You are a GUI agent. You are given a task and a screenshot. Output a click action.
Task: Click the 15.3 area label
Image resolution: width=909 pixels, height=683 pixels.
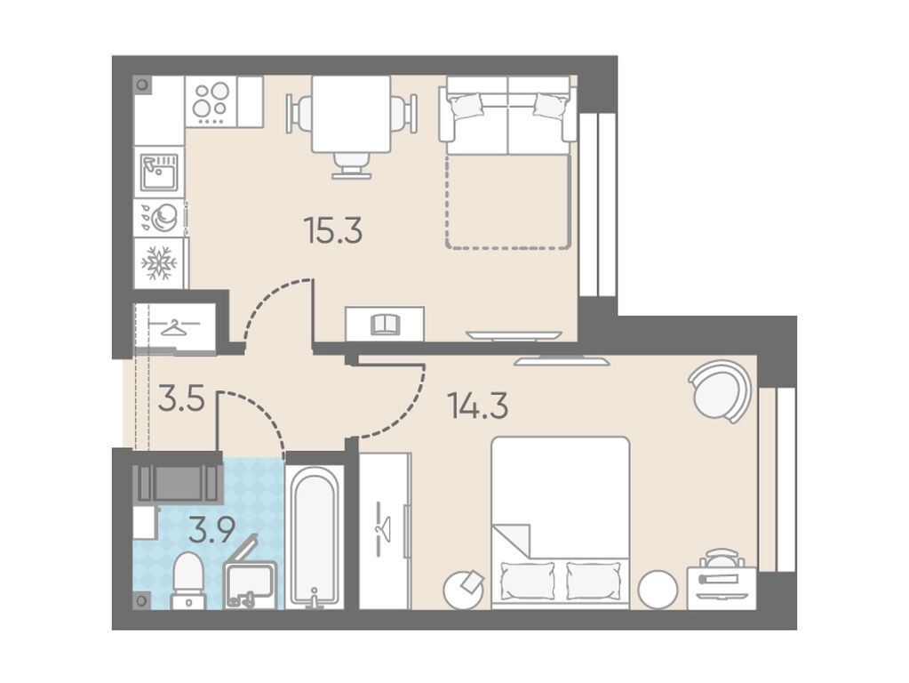(x=332, y=230)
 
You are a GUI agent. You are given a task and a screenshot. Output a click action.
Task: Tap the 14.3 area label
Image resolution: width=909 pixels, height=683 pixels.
(x=478, y=406)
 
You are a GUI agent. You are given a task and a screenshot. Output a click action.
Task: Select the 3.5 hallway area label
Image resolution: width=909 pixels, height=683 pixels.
(x=181, y=400)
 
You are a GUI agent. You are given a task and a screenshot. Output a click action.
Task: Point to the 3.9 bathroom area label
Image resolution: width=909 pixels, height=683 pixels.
(x=211, y=530)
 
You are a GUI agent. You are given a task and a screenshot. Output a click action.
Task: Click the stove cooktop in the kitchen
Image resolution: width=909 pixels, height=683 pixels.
(x=211, y=101)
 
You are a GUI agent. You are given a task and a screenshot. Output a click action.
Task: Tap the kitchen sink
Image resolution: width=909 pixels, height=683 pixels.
(x=159, y=172)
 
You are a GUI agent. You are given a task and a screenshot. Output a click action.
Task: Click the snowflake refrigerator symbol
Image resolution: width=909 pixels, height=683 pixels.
(x=159, y=263)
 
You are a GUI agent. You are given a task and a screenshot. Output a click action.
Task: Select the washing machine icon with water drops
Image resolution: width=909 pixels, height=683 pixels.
(x=159, y=217)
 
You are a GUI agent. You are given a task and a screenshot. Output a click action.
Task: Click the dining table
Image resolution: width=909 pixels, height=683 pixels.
(x=351, y=114)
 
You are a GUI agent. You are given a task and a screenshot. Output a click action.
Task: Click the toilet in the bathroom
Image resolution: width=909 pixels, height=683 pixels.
(x=189, y=581)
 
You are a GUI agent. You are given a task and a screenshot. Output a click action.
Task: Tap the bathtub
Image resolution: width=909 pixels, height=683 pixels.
(x=315, y=538)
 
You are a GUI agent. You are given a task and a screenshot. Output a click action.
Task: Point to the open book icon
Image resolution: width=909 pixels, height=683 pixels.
(x=385, y=324)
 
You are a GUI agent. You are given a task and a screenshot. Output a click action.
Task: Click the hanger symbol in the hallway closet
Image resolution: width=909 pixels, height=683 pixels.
(x=175, y=328)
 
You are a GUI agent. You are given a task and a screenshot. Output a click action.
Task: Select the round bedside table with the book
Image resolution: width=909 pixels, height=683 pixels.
(x=464, y=590)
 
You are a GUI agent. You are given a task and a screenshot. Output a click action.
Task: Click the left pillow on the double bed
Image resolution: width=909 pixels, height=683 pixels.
(x=528, y=581)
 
